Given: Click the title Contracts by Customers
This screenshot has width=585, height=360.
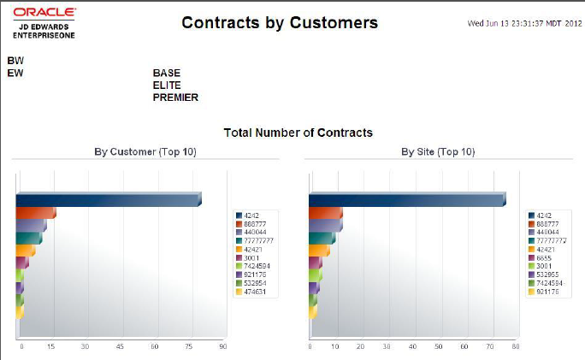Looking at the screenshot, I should [x=280, y=23].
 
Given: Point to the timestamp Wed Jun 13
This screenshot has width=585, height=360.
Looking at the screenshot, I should [x=524, y=23].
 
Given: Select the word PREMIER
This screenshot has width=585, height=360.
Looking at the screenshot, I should [x=175, y=97].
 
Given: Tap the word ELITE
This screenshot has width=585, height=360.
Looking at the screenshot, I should [x=167, y=86].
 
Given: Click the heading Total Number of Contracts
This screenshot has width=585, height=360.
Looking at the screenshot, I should [x=298, y=133].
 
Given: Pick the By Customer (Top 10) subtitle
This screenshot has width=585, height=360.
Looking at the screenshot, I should [x=145, y=151].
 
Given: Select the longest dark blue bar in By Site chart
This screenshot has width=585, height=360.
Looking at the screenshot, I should [x=405, y=200].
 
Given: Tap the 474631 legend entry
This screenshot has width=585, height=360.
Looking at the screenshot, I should [x=255, y=292].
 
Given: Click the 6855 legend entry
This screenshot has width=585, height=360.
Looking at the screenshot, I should [x=545, y=257].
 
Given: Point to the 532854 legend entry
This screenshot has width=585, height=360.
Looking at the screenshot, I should [x=255, y=283].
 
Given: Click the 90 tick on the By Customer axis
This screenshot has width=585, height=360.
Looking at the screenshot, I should [x=222, y=346].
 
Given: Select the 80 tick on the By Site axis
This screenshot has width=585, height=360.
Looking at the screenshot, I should [x=517, y=346].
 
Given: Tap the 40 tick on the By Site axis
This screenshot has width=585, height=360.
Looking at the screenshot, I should [x=413, y=346].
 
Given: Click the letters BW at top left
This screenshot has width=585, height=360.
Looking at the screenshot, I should [x=15, y=62].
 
